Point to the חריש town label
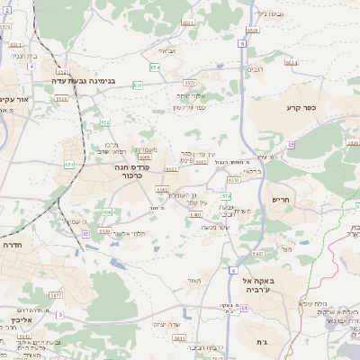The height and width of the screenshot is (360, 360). point(281,200)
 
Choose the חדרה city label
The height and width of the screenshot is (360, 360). point(12,244)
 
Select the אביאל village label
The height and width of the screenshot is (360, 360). point(178,50)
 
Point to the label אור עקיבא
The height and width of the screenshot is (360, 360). point(16,100)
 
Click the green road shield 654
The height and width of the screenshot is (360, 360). point(155,67)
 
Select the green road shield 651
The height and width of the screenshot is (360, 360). point(69,165)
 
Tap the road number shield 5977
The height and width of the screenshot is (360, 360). point(56,294)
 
